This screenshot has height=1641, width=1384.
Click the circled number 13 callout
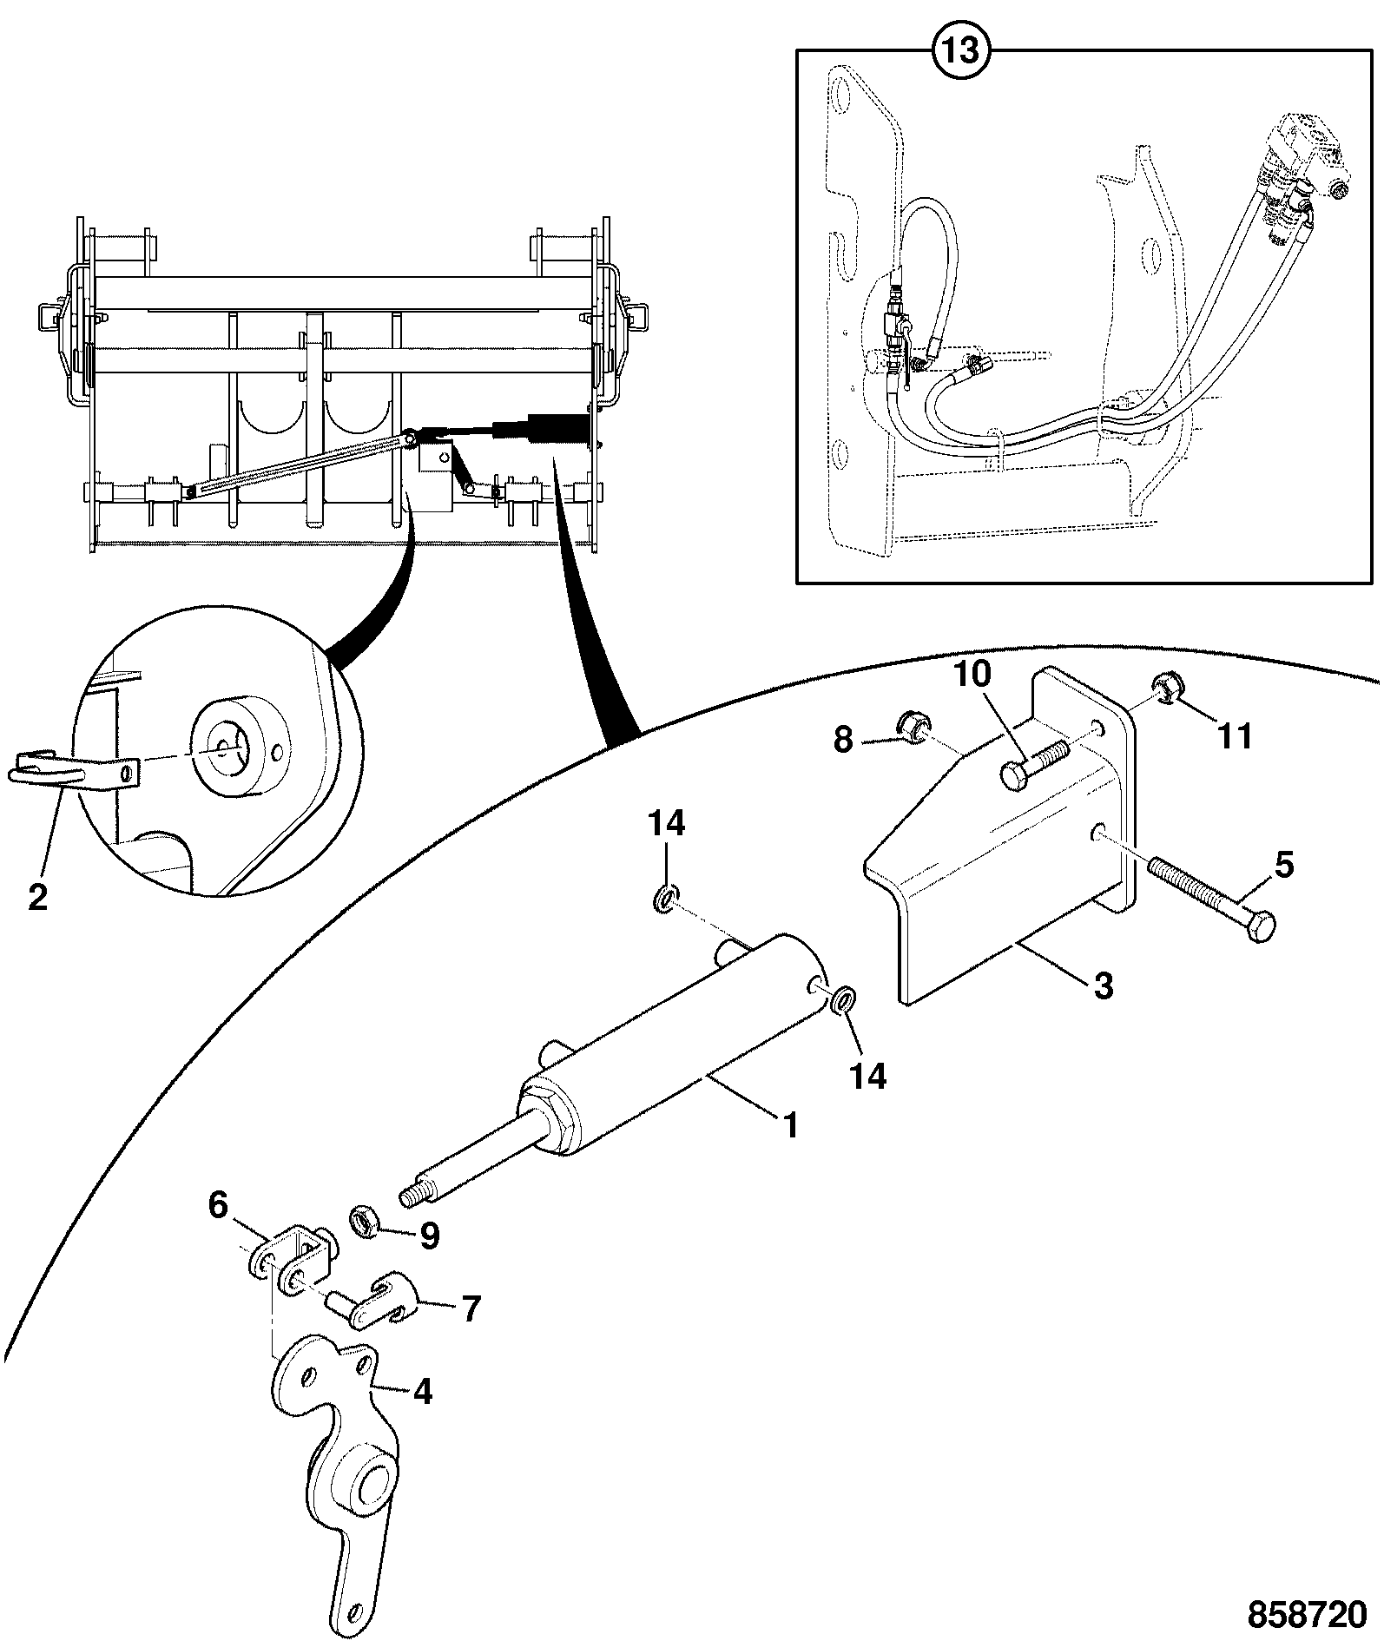point(962,50)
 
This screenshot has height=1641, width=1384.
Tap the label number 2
point(37,897)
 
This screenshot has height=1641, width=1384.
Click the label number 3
point(1102,986)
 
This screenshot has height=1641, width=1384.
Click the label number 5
point(1284,865)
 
